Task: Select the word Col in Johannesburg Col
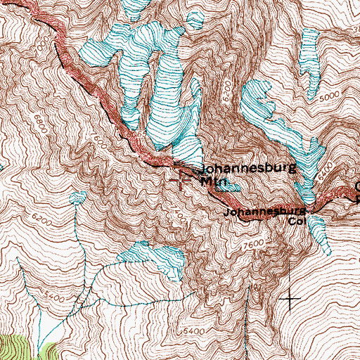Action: (295, 220)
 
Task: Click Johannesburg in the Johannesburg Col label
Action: (264, 211)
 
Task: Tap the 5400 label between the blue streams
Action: (60, 300)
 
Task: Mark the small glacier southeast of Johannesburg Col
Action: (320, 232)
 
